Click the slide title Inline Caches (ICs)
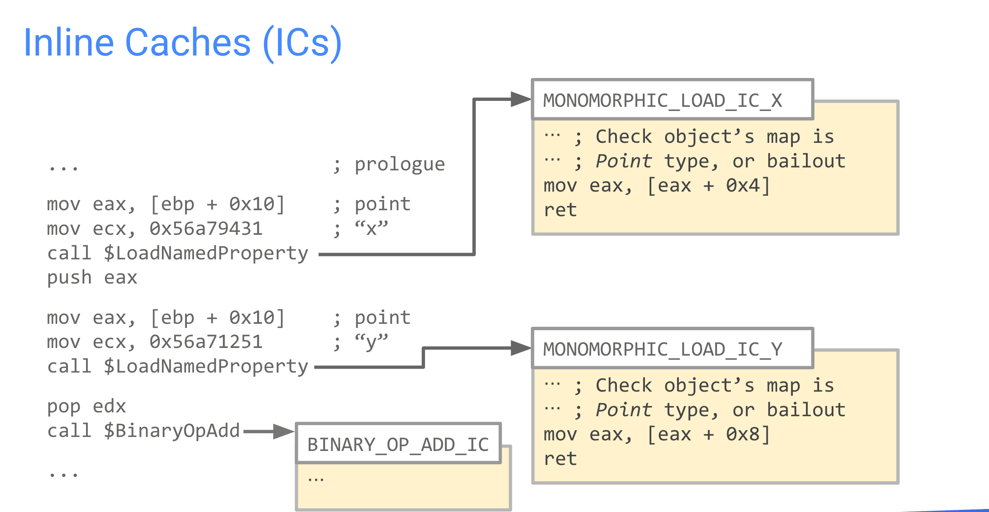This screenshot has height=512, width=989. point(183,42)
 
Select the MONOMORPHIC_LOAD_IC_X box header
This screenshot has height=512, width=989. point(672,99)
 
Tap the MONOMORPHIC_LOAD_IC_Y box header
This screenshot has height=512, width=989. point(672,348)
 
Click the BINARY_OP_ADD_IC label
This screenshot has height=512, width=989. point(398,445)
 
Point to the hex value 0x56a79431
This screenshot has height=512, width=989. point(206,229)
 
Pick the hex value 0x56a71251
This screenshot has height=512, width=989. point(206,342)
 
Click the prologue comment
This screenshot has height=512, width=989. point(400,164)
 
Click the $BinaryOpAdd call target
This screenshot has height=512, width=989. point(172,431)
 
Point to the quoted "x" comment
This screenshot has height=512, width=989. point(371,228)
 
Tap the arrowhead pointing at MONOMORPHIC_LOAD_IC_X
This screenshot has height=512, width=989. point(521,99)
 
